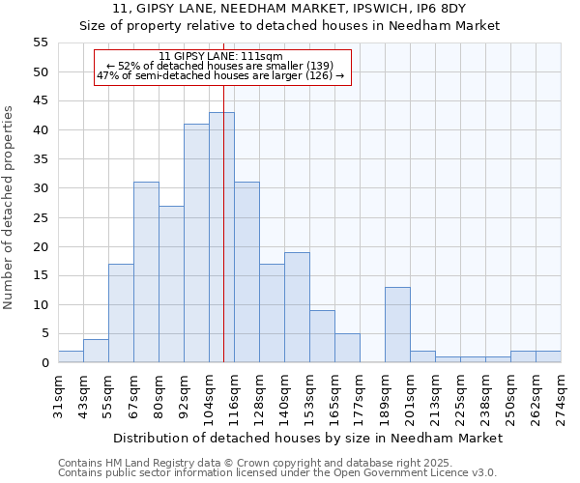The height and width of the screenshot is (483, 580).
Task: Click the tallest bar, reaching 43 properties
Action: click(221, 238)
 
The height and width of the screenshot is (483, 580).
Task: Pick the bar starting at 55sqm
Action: click(121, 313)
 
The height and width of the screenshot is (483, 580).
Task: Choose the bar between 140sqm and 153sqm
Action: click(297, 307)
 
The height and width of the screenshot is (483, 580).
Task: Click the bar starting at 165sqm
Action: click(347, 348)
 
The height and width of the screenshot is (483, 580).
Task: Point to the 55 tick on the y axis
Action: click(41, 43)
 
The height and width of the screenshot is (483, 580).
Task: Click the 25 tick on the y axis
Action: click(41, 217)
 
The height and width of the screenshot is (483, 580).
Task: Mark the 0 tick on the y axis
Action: click(44, 362)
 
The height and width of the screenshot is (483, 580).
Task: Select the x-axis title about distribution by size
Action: click(307, 438)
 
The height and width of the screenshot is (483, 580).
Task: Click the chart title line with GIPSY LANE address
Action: click(290, 9)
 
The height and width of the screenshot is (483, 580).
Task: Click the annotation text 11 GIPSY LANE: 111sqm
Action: click(220, 57)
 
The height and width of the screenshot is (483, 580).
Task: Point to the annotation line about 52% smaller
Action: click(220, 66)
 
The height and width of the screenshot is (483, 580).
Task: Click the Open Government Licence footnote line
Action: click(277, 472)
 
